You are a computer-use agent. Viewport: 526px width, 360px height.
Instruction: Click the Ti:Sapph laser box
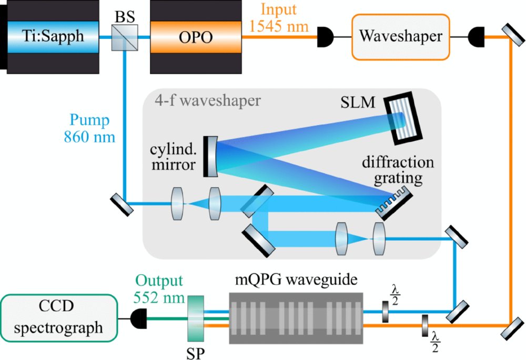[x=53, y=36]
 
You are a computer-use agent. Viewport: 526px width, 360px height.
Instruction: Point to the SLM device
[x=402, y=118]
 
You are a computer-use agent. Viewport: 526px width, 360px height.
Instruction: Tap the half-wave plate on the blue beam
[x=386, y=312]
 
